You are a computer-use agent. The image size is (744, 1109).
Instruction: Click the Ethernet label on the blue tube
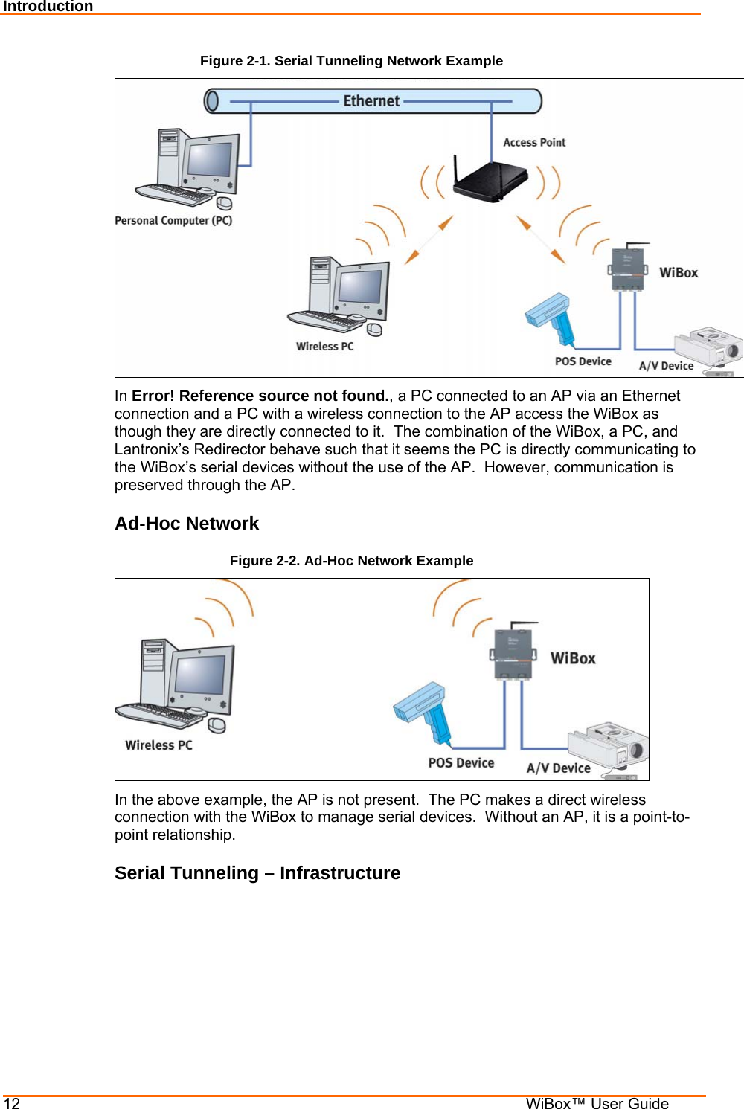[x=371, y=101]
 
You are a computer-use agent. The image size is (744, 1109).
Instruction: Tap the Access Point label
[x=534, y=143]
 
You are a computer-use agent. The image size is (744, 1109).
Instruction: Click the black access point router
[x=491, y=181]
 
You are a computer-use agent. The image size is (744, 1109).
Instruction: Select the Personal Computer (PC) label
[x=173, y=221]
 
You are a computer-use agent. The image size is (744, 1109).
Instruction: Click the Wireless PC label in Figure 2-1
[x=324, y=347]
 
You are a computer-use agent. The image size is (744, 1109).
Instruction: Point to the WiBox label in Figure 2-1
[x=679, y=273]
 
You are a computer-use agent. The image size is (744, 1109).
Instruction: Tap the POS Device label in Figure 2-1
[x=583, y=361]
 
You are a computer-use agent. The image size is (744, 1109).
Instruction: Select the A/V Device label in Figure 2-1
[x=666, y=366]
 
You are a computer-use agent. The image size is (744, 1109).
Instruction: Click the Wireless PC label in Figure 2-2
[x=158, y=745]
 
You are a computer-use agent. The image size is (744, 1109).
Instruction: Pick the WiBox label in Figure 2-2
[x=573, y=658]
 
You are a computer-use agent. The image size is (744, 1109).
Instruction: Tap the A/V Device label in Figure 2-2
[x=558, y=768]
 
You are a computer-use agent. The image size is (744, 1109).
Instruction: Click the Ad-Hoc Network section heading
[x=187, y=524]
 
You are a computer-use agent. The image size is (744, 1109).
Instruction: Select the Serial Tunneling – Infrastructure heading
[x=257, y=873]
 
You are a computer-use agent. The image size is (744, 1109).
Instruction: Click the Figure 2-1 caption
[x=351, y=61]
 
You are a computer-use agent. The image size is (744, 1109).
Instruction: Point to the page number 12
[x=12, y=1103]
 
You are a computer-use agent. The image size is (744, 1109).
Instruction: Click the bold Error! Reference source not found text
[x=260, y=396]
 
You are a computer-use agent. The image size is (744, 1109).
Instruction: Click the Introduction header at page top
[x=48, y=7]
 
